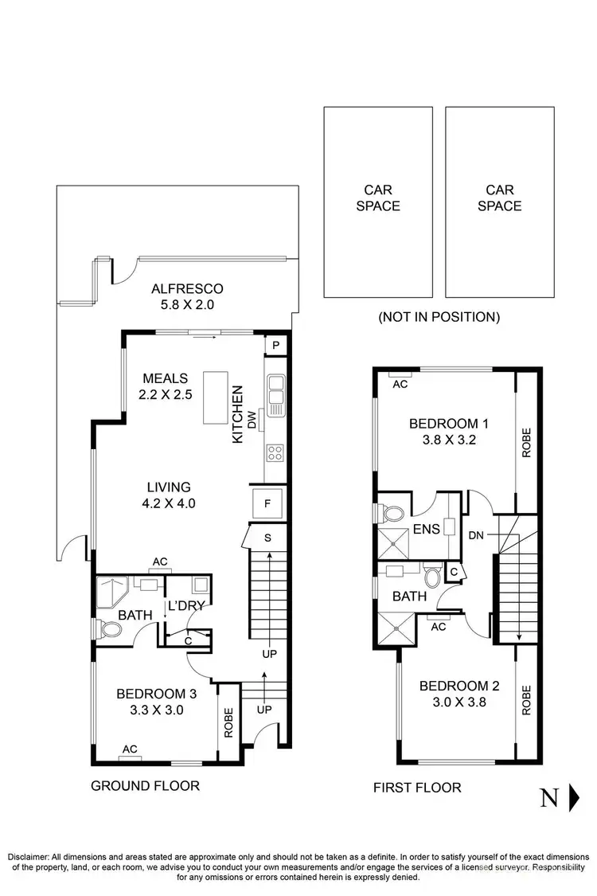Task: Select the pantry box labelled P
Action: pyautogui.click(x=275, y=345)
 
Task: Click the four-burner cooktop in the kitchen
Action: pyautogui.click(x=275, y=453)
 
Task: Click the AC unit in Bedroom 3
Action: pyautogui.click(x=129, y=749)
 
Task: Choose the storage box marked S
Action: pyautogui.click(x=268, y=537)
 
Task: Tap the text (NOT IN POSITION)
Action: pyautogui.click(x=439, y=317)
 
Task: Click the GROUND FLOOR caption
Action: pyautogui.click(x=145, y=786)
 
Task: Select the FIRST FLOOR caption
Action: pyautogui.click(x=417, y=788)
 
